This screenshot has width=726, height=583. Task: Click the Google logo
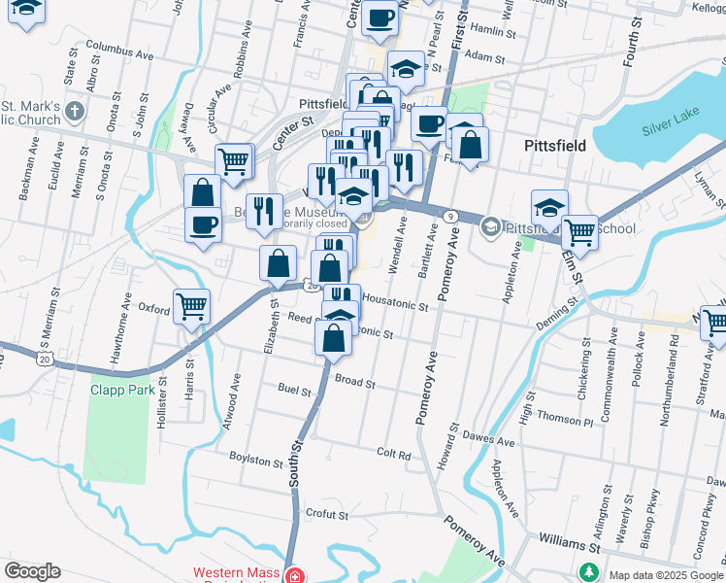pos(32,571)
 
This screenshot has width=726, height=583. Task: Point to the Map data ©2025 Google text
pos(665,575)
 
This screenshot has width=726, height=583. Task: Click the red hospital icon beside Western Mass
pos(295,575)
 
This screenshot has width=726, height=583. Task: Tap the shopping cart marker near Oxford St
pos(191,306)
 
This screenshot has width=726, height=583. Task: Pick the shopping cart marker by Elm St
pos(579,231)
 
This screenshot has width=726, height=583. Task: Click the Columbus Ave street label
pos(120,46)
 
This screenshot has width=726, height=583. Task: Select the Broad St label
pos(354,383)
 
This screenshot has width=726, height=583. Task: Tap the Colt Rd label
pos(394,454)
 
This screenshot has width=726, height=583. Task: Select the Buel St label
pos(294,392)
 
